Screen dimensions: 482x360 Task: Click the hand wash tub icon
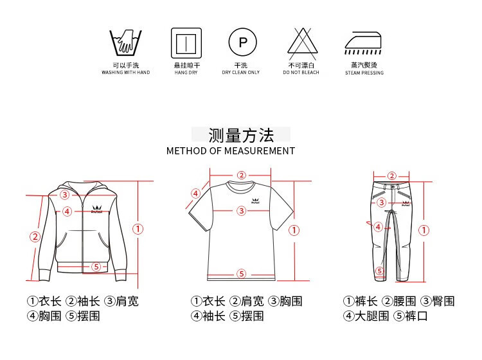coord(126,43)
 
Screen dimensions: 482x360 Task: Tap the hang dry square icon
coord(186,43)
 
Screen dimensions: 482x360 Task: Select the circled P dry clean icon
coord(242,42)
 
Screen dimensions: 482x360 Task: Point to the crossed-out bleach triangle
coord(303,44)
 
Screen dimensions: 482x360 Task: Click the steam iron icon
coord(362,43)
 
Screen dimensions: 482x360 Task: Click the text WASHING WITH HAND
coord(126,73)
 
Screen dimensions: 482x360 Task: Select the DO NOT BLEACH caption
coord(301,73)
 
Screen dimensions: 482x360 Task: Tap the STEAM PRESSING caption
coord(364,73)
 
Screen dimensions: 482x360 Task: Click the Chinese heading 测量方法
coord(241,135)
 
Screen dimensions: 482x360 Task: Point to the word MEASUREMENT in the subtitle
coord(260,151)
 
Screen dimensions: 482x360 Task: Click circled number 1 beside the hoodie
coord(138,229)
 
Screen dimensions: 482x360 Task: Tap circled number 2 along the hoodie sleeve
coord(35,237)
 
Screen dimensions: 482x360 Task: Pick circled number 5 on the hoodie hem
coord(96,267)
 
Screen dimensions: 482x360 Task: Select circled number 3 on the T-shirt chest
coord(242,211)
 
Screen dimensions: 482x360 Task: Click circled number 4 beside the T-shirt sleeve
coord(196,194)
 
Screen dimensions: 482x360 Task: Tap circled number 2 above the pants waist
coord(391,176)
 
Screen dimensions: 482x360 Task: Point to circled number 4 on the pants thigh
coord(378,227)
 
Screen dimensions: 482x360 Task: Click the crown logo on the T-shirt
coord(255,201)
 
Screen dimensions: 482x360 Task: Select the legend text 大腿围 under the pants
coord(371,316)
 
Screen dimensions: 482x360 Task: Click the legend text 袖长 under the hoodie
coord(89,301)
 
